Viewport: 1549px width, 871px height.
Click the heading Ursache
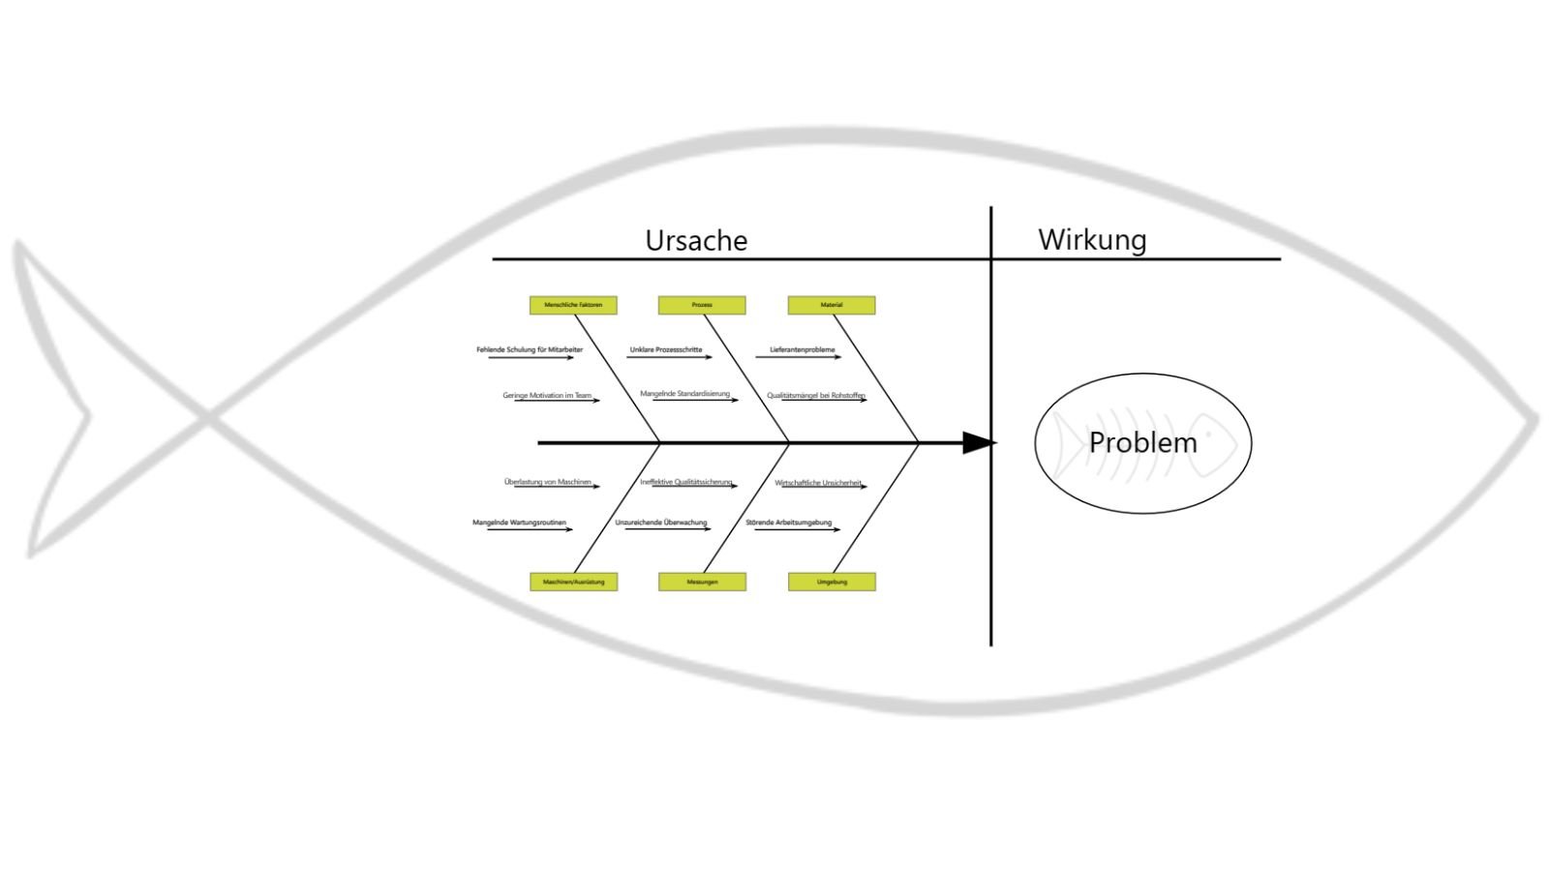pyautogui.click(x=696, y=240)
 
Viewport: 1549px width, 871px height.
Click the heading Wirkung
pyautogui.click(x=1092, y=239)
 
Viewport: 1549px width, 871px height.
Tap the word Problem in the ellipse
pyautogui.click(x=1142, y=442)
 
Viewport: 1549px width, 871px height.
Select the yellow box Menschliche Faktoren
pyautogui.click(x=573, y=305)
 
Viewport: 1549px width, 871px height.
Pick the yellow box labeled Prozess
pyautogui.click(x=702, y=305)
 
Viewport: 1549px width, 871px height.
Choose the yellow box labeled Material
pyautogui.click(x=832, y=305)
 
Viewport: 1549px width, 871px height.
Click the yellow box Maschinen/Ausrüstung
pyautogui.click(x=573, y=582)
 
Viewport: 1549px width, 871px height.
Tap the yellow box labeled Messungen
pyautogui.click(x=702, y=582)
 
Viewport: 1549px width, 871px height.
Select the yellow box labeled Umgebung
pyautogui.click(x=832, y=582)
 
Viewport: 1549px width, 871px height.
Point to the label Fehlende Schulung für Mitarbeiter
pyautogui.click(x=530, y=349)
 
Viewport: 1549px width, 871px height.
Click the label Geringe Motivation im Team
pyautogui.click(x=547, y=395)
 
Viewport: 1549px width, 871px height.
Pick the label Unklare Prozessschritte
pyautogui.click(x=666, y=349)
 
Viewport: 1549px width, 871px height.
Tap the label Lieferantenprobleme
pyautogui.click(x=803, y=349)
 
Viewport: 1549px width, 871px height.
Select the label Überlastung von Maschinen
pyautogui.click(x=548, y=481)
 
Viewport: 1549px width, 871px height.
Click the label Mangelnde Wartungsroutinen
pyautogui.click(x=520, y=523)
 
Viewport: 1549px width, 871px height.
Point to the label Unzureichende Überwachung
pyautogui.click(x=661, y=523)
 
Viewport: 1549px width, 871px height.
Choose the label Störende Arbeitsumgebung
pyautogui.click(x=789, y=523)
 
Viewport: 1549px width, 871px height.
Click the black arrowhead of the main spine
pyautogui.click(x=978, y=443)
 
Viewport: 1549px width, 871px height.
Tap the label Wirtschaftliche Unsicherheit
pyautogui.click(x=818, y=482)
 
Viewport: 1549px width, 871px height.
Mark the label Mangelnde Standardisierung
pyautogui.click(x=685, y=394)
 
